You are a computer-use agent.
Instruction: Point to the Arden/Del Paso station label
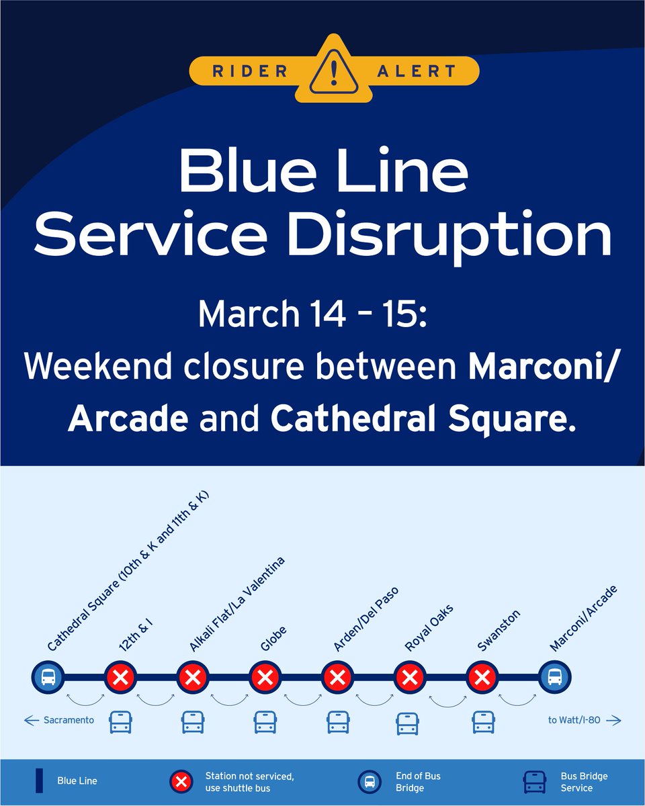[366, 619]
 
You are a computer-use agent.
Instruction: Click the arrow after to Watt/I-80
[613, 721]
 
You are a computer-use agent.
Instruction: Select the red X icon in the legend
[180, 781]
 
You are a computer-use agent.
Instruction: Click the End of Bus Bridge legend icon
[369, 781]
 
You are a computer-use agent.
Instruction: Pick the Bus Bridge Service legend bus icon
[535, 781]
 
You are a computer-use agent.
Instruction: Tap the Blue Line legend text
[77, 781]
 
